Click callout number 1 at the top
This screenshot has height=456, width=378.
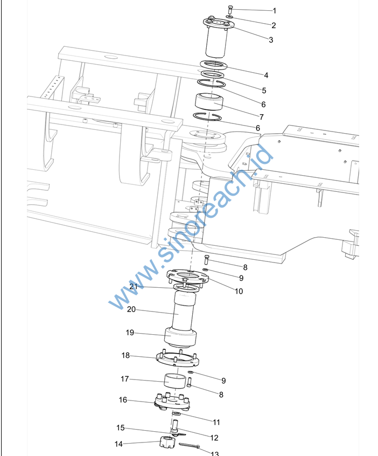pyautogui.click(x=275, y=11)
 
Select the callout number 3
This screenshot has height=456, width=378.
pyautogui.click(x=271, y=39)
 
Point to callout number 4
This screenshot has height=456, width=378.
pyautogui.click(x=266, y=75)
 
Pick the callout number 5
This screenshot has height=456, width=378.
pyautogui.click(x=264, y=91)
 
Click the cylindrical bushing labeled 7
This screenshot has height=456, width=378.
pyautogui.click(x=209, y=102)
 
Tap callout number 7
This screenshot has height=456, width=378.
pyautogui.click(x=262, y=117)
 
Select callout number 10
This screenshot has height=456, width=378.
pyautogui.click(x=239, y=291)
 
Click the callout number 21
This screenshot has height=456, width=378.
pyautogui.click(x=134, y=286)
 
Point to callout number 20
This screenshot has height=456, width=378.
pyautogui.click(x=131, y=309)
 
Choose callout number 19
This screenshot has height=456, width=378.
pyautogui.click(x=130, y=333)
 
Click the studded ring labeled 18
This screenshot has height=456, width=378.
pyautogui.click(x=178, y=358)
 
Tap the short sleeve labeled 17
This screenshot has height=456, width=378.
pyautogui.click(x=174, y=381)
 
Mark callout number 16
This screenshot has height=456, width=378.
pyautogui.click(x=123, y=400)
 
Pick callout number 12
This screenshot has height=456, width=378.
pyautogui.click(x=214, y=438)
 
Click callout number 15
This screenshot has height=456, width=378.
pyautogui.click(x=120, y=428)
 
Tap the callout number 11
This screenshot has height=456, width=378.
pyautogui.click(x=216, y=422)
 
